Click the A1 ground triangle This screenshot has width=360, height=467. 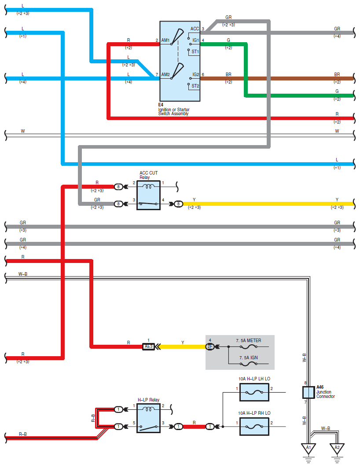pos(309,448)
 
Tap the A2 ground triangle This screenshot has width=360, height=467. pos(337,448)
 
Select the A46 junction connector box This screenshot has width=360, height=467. pos(309,392)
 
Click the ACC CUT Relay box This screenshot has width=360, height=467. pos(148,195)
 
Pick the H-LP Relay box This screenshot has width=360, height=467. pos(148,418)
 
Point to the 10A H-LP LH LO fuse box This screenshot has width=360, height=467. pos(254,392)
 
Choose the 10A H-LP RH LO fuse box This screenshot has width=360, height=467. pos(254,427)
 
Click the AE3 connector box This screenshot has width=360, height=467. pos(148,347)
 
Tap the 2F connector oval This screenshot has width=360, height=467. pos(210,347)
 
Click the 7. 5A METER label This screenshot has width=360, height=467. pos(249,340)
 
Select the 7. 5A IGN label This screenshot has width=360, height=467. pos(249,358)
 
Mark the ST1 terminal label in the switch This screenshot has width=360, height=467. pos(195,51)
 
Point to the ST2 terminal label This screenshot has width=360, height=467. pos(195,86)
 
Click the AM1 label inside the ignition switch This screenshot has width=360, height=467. pos(165,40)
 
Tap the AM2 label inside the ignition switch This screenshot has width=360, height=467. pos(165,74)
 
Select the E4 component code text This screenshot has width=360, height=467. pos(161,105)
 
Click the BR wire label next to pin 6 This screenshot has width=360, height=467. pos(228,74)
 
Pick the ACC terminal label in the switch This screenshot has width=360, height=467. pos(195,29)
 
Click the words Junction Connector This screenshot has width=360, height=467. pos(325,394)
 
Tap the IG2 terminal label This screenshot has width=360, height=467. pos(195,74)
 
